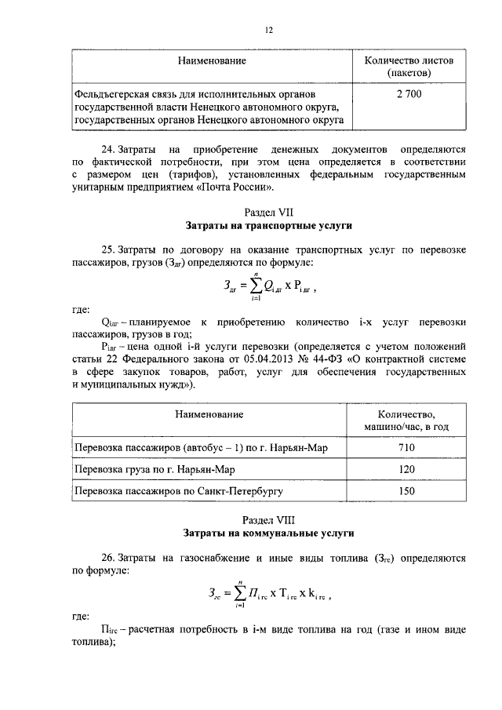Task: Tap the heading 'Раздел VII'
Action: [x=268, y=213]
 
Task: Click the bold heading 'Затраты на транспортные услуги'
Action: [x=268, y=226]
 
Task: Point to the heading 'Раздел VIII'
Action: [x=268, y=519]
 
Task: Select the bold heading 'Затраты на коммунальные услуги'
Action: [x=268, y=533]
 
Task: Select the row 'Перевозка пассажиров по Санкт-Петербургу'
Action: [x=178, y=492]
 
